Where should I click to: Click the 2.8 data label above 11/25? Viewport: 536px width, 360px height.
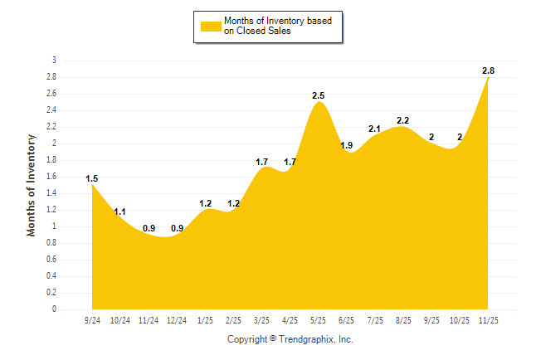click(x=489, y=71)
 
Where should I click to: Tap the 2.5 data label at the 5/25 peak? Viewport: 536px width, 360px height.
click(x=318, y=96)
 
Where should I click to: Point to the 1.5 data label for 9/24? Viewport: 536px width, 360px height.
click(x=92, y=178)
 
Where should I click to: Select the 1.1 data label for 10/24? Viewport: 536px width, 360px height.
click(x=120, y=212)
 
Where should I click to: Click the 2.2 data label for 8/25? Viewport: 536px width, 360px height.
click(x=403, y=121)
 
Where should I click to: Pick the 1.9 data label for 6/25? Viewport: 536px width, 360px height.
click(x=347, y=146)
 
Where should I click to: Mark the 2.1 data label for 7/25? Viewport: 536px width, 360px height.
click(x=374, y=129)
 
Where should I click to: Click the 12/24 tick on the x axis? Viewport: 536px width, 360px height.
click(x=177, y=319)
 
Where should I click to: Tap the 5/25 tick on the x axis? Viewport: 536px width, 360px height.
click(x=318, y=319)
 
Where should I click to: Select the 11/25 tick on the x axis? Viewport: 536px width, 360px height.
click(x=489, y=319)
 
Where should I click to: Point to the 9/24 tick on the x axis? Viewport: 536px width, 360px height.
click(x=92, y=319)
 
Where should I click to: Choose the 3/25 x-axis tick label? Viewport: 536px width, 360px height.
click(x=261, y=319)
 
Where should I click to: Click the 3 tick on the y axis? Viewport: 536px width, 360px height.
click(x=54, y=61)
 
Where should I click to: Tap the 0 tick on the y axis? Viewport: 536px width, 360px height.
click(x=54, y=309)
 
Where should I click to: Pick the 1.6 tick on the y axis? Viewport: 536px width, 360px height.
click(x=52, y=177)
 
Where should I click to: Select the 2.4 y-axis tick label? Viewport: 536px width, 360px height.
click(x=52, y=110)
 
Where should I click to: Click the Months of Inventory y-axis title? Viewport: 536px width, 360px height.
click(x=32, y=185)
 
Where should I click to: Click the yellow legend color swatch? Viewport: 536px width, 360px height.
click(x=210, y=27)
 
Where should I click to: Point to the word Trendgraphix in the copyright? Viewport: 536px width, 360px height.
click(x=308, y=339)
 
